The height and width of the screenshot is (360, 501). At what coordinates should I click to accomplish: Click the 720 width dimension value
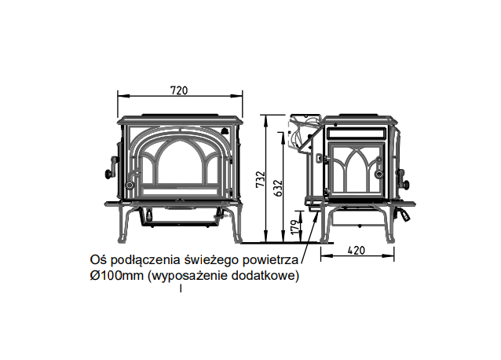[x=179, y=90]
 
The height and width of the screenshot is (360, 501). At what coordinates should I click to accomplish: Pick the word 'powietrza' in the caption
[x=268, y=259]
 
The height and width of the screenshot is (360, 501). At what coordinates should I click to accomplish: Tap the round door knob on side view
[x=380, y=174]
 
